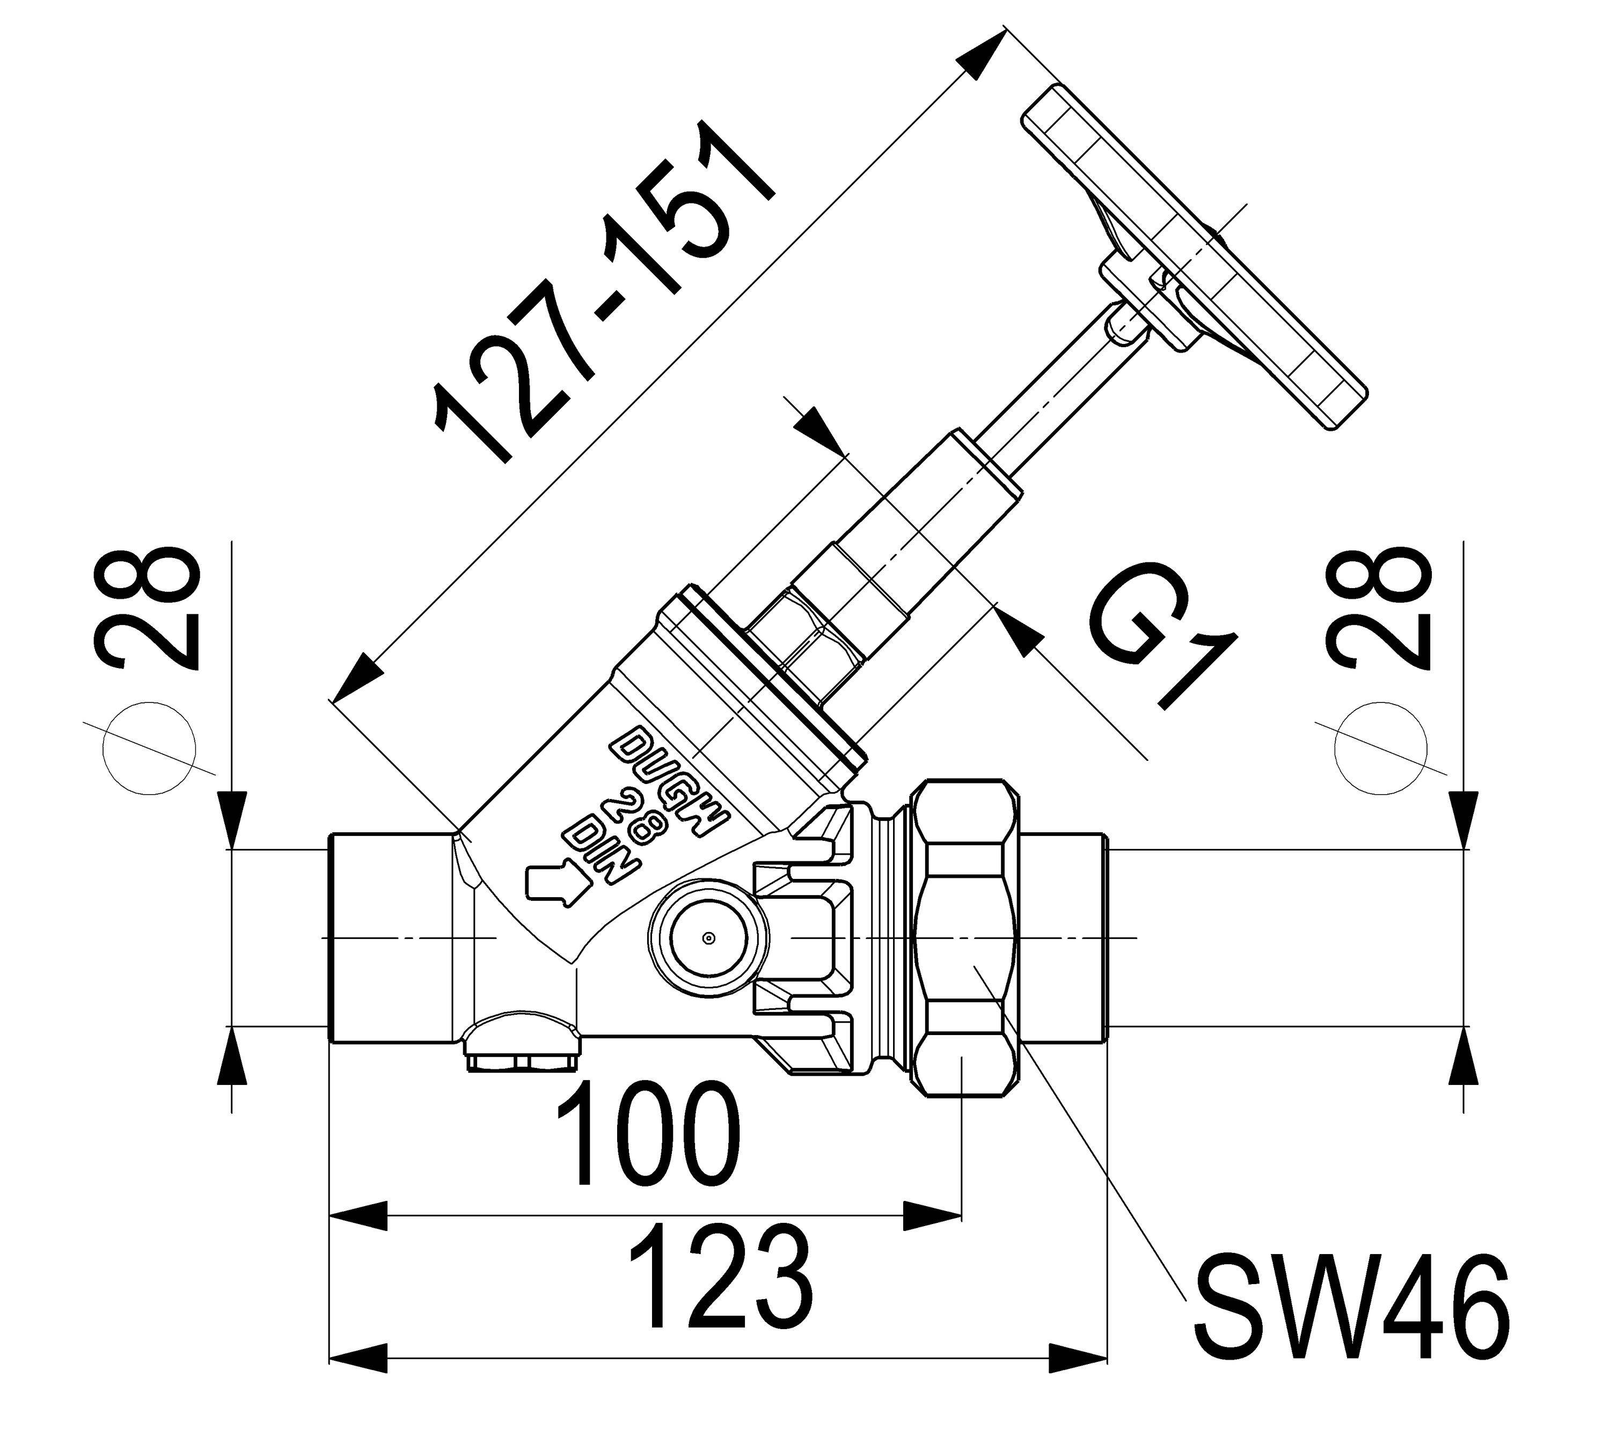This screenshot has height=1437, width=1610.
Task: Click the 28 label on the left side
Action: [146, 608]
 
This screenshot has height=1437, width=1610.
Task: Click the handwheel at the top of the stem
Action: [1192, 256]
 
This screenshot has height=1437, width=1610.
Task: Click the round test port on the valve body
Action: [709, 938]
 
